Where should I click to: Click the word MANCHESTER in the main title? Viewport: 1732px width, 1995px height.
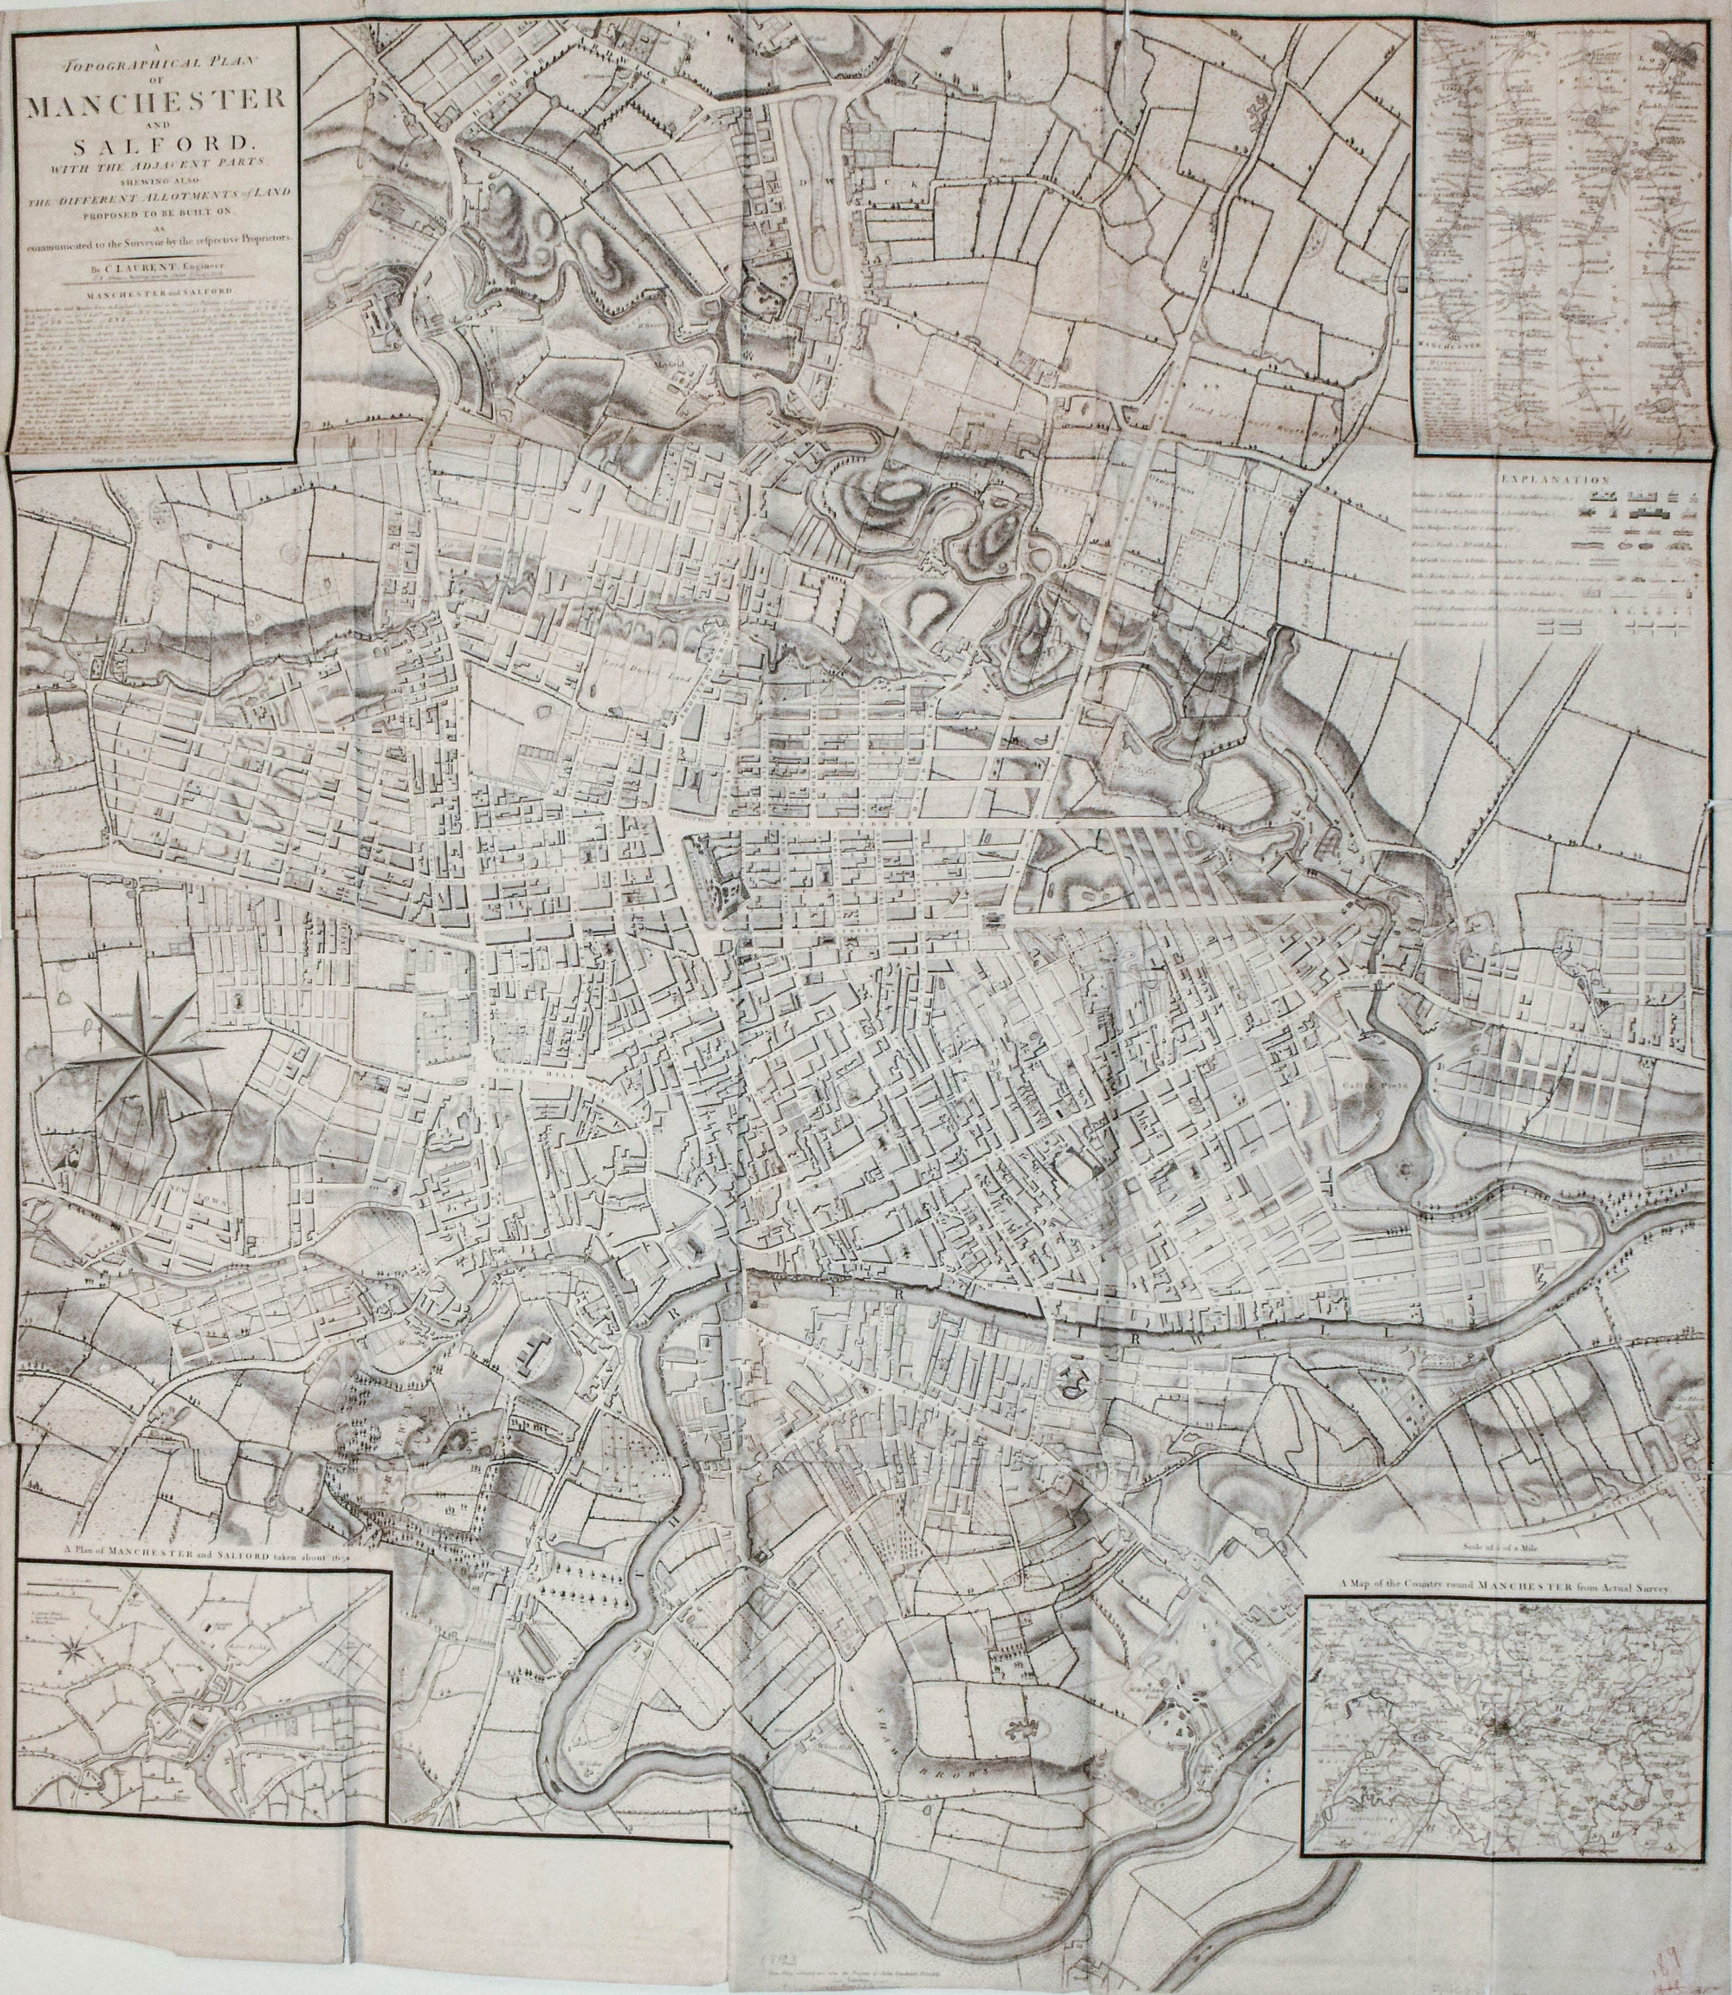coord(155,101)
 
